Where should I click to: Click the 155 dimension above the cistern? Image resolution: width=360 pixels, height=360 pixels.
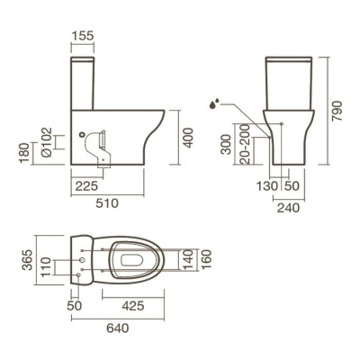pyautogui.click(x=83, y=35)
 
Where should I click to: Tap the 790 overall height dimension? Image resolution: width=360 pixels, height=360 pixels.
pyautogui.click(x=337, y=111)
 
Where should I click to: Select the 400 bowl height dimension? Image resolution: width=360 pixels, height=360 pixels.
pyautogui.click(x=188, y=138)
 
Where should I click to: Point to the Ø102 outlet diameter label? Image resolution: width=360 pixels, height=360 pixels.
pyautogui.click(x=47, y=142)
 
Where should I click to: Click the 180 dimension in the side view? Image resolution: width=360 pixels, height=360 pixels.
pyautogui.click(x=24, y=153)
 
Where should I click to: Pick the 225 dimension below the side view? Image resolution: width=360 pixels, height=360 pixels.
pyautogui.click(x=86, y=186)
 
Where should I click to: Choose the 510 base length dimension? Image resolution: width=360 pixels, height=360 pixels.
pyautogui.click(x=107, y=203)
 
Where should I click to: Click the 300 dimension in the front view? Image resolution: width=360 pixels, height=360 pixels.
pyautogui.click(x=226, y=144)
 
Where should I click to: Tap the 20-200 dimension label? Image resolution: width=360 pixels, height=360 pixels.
pyautogui.click(x=245, y=144)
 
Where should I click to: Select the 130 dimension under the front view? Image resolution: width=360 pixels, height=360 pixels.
pyautogui.click(x=267, y=186)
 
